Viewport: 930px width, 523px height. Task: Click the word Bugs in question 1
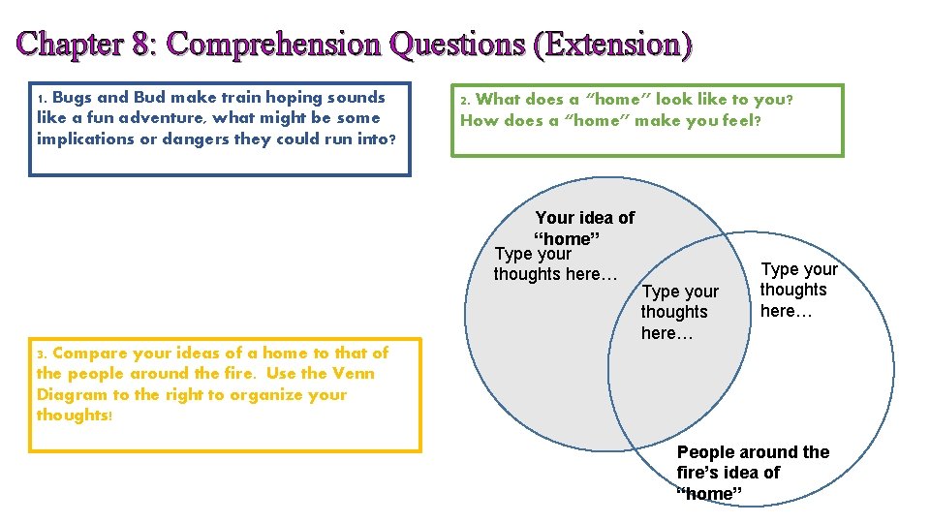[x=71, y=97]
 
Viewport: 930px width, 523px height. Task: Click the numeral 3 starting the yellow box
[x=41, y=354]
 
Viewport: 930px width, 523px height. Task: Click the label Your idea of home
[x=584, y=229]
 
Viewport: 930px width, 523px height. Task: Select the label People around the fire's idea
[x=752, y=473]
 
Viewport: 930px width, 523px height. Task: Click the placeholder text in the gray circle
[x=555, y=263]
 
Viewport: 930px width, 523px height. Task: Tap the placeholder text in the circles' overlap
[x=679, y=312]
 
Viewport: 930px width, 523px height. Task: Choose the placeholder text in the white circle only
[x=798, y=290]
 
